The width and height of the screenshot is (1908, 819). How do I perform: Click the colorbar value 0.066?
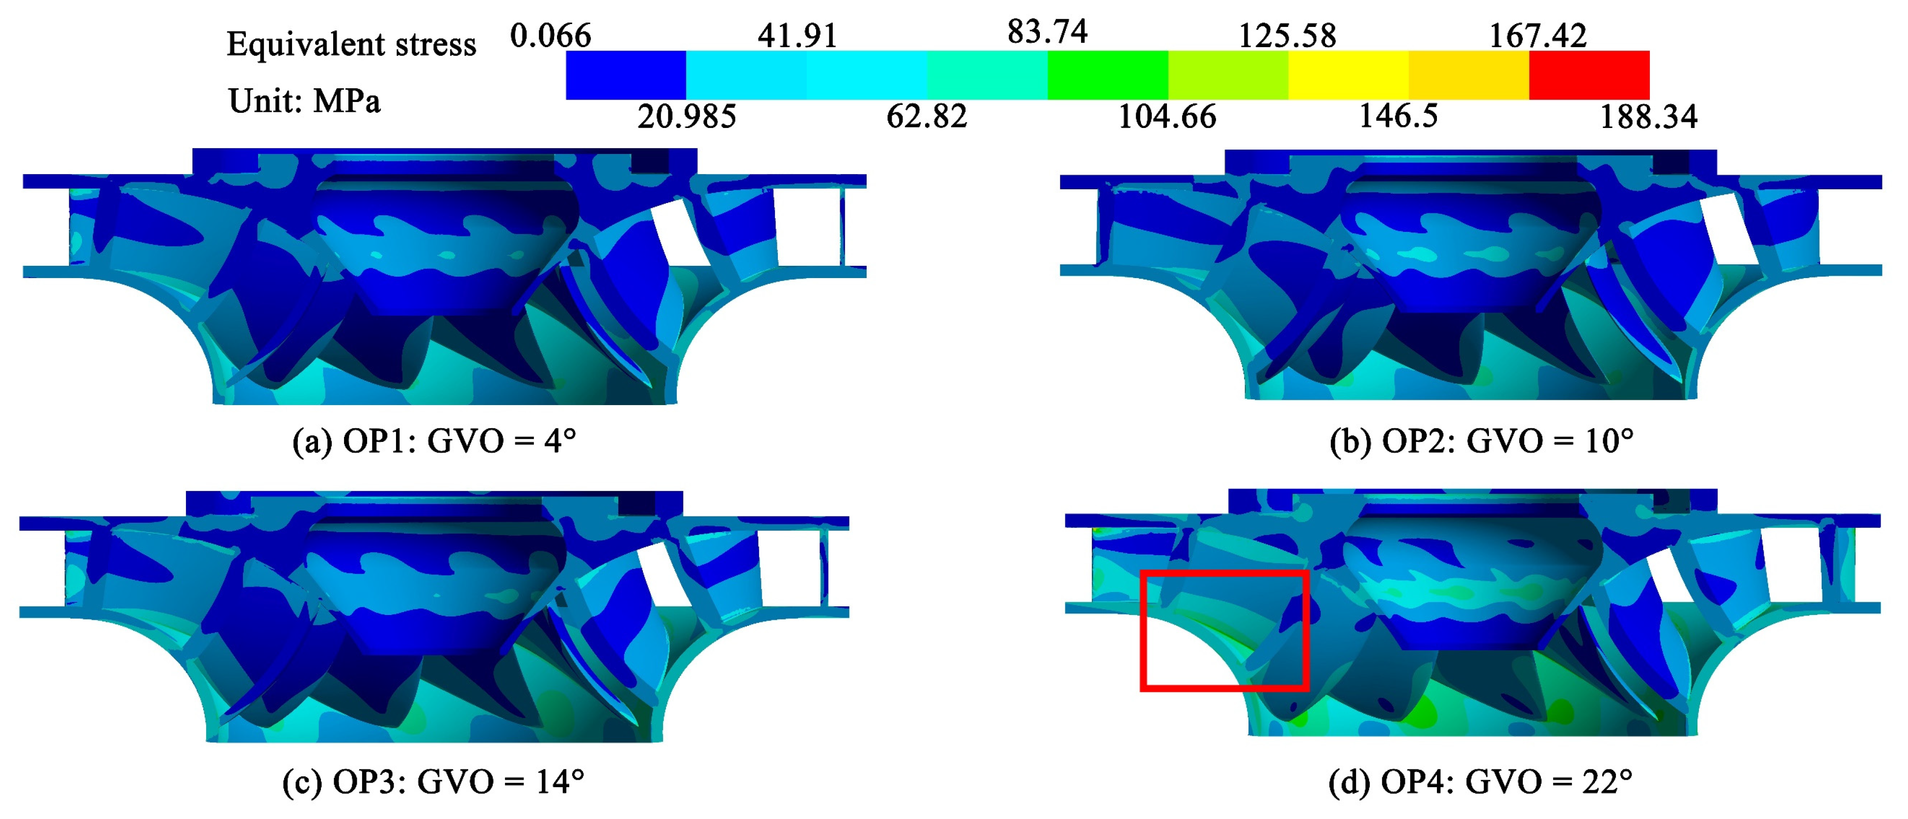point(550,35)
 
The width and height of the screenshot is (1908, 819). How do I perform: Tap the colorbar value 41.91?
point(797,35)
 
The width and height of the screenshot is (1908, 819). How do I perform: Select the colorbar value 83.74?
point(1047,32)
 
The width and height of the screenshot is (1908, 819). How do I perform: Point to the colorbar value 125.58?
point(1287,35)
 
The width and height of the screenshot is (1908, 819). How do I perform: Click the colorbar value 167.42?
point(1537,35)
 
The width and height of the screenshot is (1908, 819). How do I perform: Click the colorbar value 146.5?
point(1398,116)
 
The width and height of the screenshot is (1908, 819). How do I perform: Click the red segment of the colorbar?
point(1589,75)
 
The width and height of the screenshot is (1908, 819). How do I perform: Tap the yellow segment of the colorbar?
point(1348,75)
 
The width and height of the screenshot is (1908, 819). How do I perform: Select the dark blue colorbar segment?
point(626,75)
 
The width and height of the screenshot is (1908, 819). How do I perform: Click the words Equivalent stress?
point(351,45)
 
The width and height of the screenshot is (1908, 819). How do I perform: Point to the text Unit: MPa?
point(304,101)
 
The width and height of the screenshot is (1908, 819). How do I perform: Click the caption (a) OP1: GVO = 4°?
point(434,442)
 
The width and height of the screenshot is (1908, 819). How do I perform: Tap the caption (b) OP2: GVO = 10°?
point(1482,442)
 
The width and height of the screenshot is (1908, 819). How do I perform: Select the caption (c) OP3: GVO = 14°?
point(433,782)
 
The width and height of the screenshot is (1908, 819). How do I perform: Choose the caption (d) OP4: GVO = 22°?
point(1480,782)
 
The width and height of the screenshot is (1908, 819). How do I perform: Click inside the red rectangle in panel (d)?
point(1223,630)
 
